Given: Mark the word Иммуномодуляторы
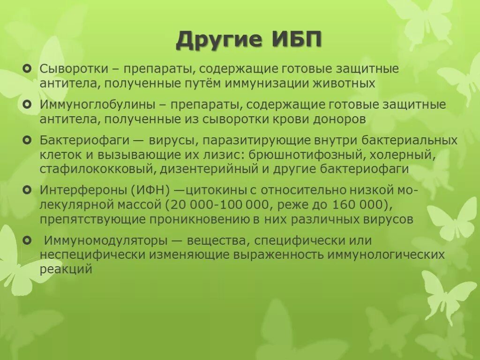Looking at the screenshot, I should tap(106, 241).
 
